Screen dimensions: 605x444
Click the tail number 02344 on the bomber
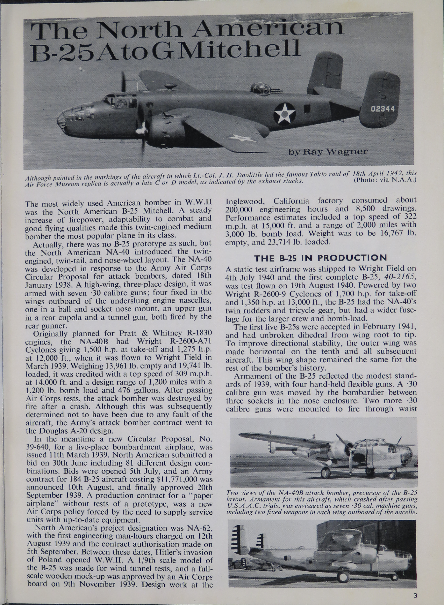383,109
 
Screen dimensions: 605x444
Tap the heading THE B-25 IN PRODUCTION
320,258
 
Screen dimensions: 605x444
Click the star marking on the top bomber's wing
242,138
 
